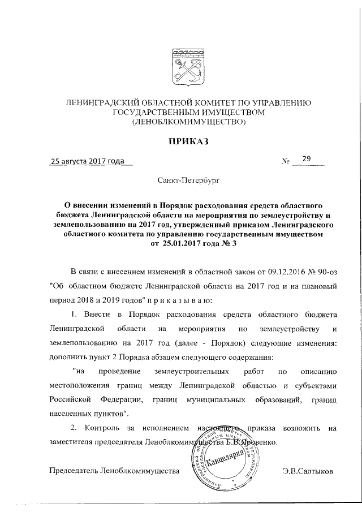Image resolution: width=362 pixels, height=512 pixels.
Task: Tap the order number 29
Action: point(307,160)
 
